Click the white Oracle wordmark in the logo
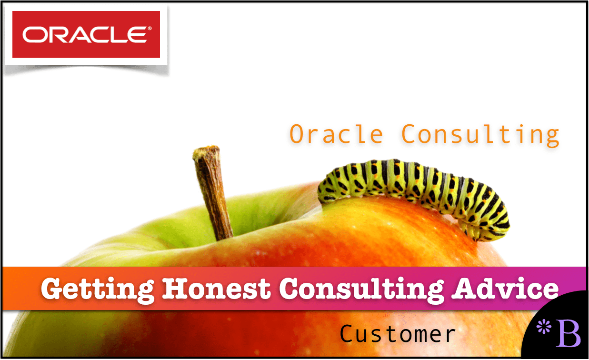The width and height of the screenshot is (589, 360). (85, 34)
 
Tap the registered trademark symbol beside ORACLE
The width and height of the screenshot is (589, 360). (150, 28)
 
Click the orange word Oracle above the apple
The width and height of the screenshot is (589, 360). (336, 134)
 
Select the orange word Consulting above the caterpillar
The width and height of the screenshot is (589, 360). (480, 135)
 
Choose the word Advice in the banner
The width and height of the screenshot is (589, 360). (505, 288)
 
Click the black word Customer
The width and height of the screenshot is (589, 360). (398, 334)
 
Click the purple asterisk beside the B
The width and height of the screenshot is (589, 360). (543, 327)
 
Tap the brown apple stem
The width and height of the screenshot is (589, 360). (212, 192)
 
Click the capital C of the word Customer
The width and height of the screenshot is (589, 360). (347, 334)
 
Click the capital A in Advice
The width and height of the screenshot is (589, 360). (464, 289)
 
